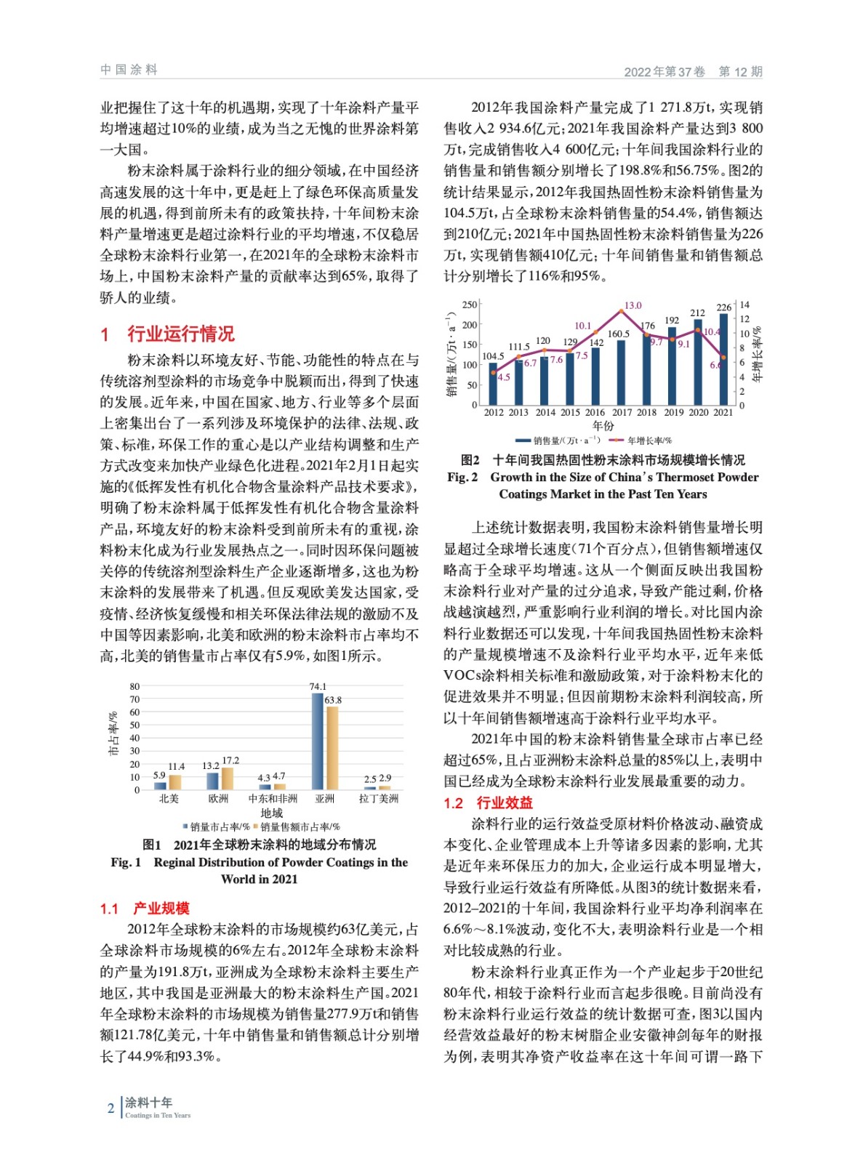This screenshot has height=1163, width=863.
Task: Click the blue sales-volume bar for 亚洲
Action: tap(317, 741)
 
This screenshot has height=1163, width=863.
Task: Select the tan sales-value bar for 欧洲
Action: tap(228, 778)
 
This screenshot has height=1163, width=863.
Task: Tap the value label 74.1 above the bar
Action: tap(318, 686)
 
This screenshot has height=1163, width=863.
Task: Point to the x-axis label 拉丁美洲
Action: tap(378, 798)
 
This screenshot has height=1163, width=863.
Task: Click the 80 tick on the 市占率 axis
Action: tap(135, 686)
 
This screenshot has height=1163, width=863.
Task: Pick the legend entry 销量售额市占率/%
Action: tap(300, 826)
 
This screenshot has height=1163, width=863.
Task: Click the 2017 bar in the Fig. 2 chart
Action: tap(621, 372)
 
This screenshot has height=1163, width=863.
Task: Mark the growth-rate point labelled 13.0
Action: tap(621, 311)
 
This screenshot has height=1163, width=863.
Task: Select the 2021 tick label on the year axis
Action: tap(723, 412)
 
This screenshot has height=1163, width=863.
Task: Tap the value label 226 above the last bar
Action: tap(723, 307)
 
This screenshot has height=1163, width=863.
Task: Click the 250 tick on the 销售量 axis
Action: tap(470, 305)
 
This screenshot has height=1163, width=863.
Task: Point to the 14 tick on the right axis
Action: tap(744, 305)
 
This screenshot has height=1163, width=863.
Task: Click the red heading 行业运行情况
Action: tap(180, 334)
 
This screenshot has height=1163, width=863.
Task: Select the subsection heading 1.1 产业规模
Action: tap(145, 908)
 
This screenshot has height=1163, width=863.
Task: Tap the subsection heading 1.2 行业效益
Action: tap(488, 802)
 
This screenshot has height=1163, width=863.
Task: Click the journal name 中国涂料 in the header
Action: tap(129, 70)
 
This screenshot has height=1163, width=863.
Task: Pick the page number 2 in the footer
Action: tap(111, 1108)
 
